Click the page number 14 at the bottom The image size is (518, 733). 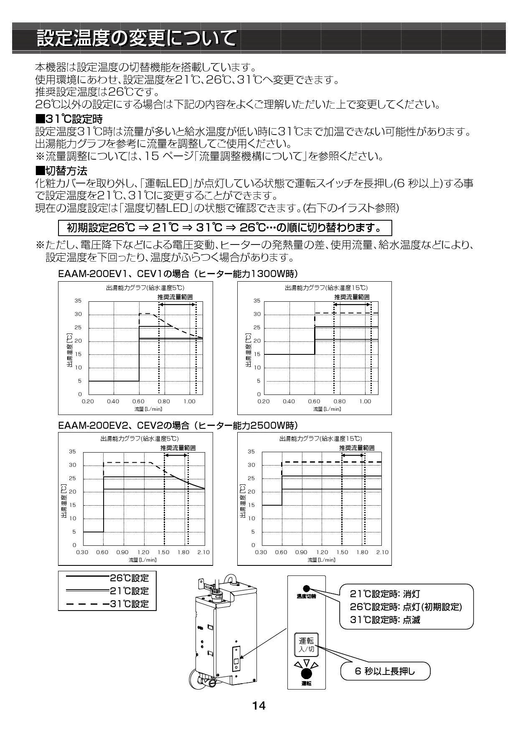259,706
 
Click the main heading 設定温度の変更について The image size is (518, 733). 136,39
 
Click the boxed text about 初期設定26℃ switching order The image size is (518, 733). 225,228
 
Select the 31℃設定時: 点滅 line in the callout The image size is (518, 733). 385,620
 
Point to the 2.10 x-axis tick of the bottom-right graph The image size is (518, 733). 382,552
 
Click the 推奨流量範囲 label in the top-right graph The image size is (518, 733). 352,297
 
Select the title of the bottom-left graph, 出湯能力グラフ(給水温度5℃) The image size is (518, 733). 140,439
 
